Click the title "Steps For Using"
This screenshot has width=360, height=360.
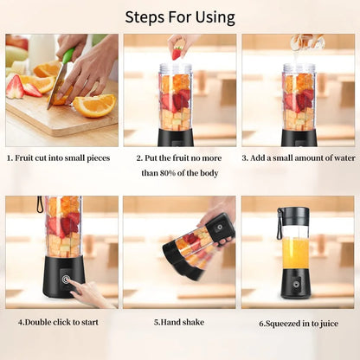tap(179, 16)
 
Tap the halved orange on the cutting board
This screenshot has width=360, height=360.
tap(94, 105)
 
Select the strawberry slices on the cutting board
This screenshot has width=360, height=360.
tap(23, 87)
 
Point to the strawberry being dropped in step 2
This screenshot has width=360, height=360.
tap(177, 53)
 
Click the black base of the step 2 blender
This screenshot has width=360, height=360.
tap(176, 137)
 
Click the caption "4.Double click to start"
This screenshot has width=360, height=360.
tap(58, 322)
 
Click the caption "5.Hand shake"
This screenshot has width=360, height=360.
tap(179, 322)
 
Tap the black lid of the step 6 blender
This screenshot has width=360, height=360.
tap(295, 215)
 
